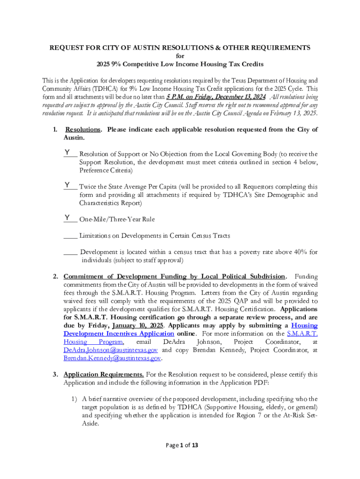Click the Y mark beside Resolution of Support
[68, 152]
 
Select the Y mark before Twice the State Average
[68, 185]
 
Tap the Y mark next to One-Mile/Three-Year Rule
[68, 218]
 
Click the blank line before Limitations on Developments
[70, 236]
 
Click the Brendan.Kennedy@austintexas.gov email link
[112, 358]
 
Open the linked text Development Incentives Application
[119, 334]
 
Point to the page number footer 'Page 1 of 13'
[180, 445]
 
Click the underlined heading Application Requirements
[104, 375]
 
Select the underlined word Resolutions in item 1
[83, 130]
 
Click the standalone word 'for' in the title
[180, 56]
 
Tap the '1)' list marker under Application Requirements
[74, 399]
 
